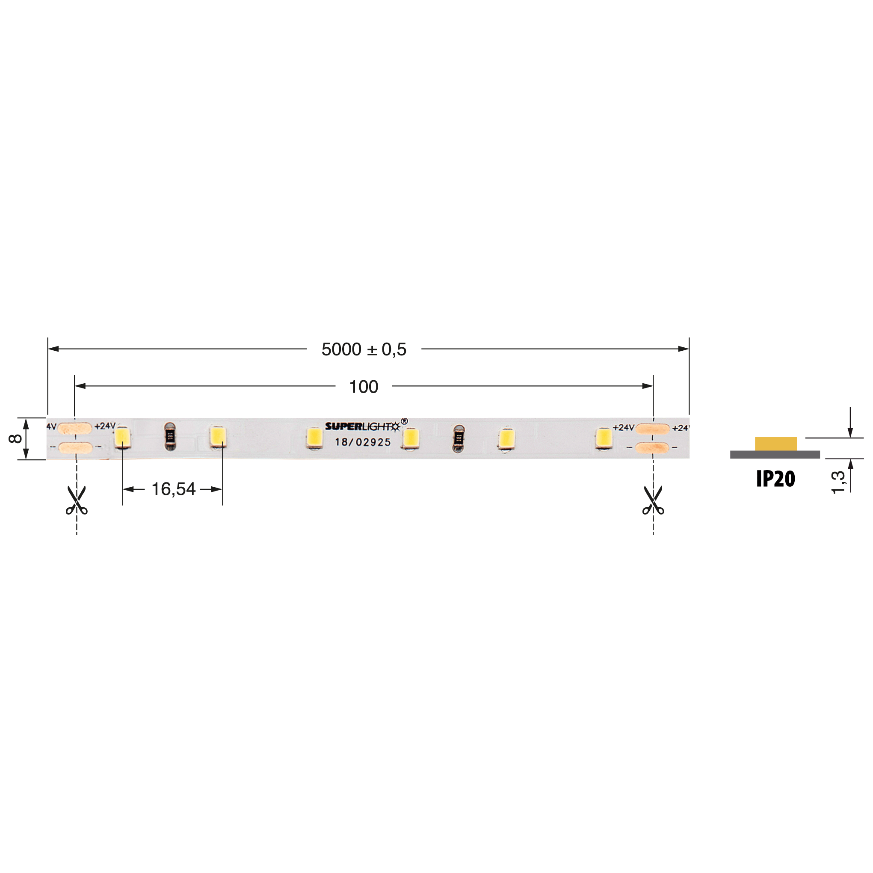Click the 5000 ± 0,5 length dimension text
[x=364, y=349]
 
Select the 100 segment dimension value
[x=363, y=387]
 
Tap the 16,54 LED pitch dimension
[x=173, y=489]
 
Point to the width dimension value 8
[x=15, y=438]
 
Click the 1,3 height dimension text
[x=838, y=482]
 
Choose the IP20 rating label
[x=775, y=479]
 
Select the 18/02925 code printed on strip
[x=363, y=442]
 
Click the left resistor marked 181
[x=170, y=436]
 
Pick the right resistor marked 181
[x=459, y=438]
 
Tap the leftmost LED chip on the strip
[x=122, y=437]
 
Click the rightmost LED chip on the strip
[x=603, y=438]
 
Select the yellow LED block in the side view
[x=775, y=444]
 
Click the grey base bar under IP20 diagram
[x=775, y=455]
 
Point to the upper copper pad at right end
[x=652, y=428]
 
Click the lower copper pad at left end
[x=75, y=448]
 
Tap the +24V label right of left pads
[x=105, y=426]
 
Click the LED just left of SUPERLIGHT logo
[x=314, y=438]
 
